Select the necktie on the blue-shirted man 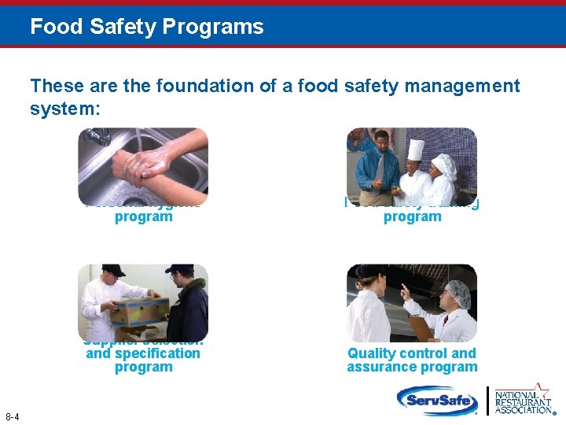380,169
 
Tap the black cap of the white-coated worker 114,270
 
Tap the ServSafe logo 436,399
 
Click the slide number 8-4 13,416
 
